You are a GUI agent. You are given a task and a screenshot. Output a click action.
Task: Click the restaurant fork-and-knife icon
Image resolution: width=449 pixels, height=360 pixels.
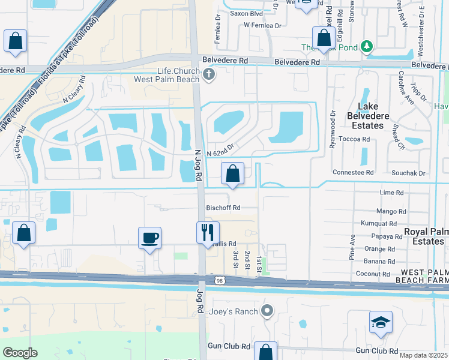pyautogui.click(x=208, y=232)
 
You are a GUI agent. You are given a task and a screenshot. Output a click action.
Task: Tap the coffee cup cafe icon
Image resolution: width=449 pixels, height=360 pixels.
pyautogui.click(x=149, y=238)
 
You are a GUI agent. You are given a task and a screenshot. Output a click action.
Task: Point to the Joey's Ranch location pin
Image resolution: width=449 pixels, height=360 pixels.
pyautogui.click(x=267, y=311)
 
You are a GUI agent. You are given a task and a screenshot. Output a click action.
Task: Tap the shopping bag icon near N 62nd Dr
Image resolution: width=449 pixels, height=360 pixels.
pyautogui.click(x=232, y=174)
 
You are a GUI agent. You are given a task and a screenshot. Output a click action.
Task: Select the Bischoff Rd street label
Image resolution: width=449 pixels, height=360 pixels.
pyautogui.click(x=223, y=208)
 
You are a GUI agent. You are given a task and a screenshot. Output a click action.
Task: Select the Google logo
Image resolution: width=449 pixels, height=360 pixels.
pyautogui.click(x=20, y=353)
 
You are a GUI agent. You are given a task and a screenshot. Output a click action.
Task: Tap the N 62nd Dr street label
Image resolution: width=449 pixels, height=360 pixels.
pyautogui.click(x=219, y=154)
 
